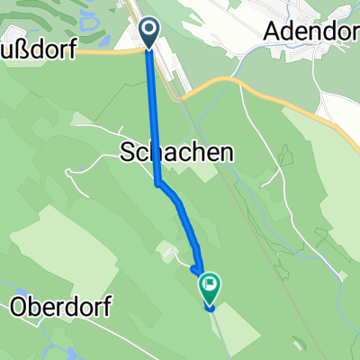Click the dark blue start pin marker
(150, 33)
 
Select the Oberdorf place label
(60, 307)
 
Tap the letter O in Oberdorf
(18, 307)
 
